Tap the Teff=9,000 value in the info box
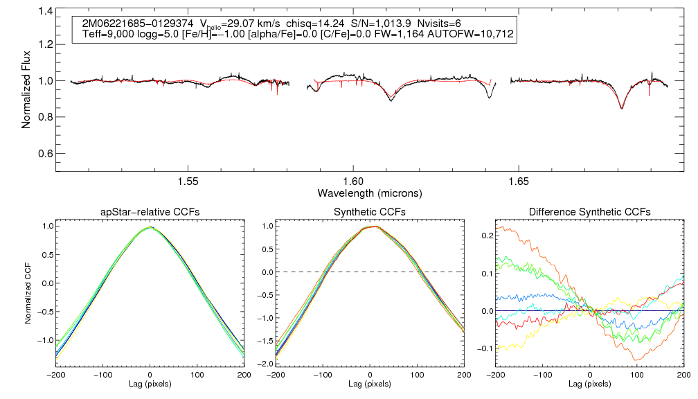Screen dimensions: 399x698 [x=106, y=34]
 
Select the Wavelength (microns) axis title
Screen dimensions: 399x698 [x=369, y=192]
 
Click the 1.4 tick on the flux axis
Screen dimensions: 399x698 [x=44, y=11]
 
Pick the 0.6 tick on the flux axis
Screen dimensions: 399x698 [x=44, y=153]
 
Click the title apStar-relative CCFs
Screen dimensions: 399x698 [x=150, y=211]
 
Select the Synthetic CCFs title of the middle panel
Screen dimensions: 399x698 [x=369, y=211]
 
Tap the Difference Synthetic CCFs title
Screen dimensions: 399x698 [x=589, y=211]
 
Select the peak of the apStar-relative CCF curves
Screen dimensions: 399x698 [x=150, y=227]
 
